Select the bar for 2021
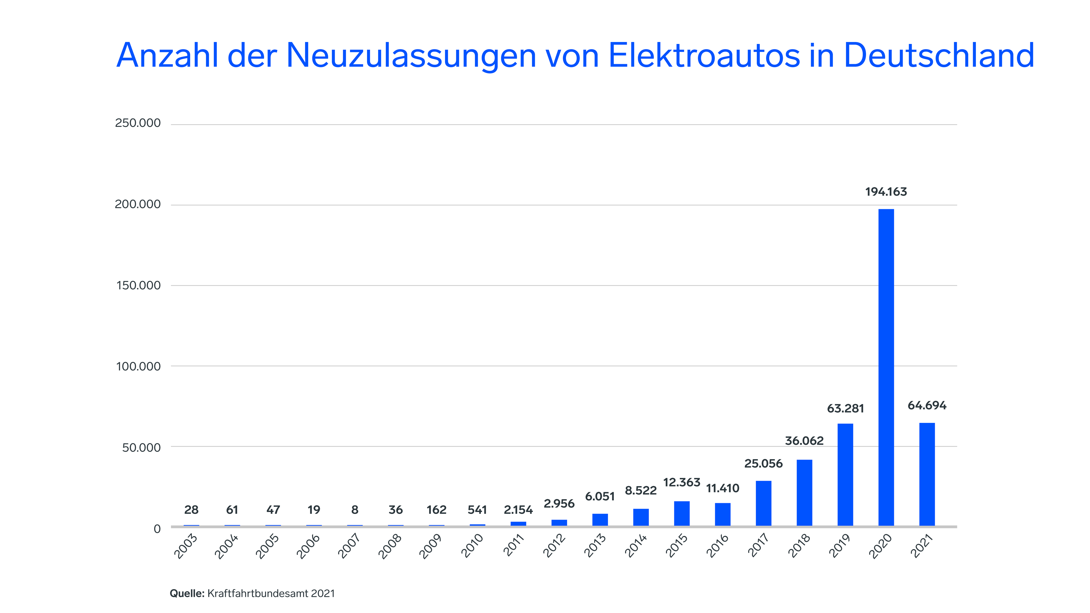(x=927, y=474)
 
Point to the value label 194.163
(x=886, y=192)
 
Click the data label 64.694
(x=927, y=405)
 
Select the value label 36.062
(x=804, y=441)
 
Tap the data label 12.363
(x=681, y=482)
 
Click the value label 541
(x=477, y=510)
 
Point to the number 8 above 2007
(x=355, y=510)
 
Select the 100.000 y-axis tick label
(x=138, y=366)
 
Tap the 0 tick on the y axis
(x=157, y=529)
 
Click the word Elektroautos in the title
(x=704, y=55)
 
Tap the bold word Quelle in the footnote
(x=186, y=593)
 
